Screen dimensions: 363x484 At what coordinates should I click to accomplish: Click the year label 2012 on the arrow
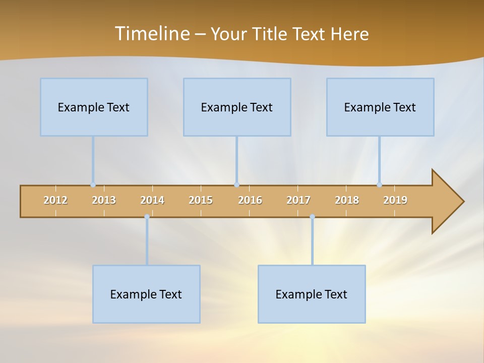(55, 200)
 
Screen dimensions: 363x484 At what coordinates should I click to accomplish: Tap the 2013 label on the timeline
(104, 200)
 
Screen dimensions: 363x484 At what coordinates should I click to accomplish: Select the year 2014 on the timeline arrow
(152, 200)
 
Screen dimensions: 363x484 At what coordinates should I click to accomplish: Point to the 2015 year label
(201, 200)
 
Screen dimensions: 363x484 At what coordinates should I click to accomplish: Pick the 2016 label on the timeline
(250, 200)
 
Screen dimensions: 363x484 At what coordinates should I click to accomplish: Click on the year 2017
(298, 200)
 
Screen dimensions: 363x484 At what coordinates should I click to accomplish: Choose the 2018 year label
(347, 200)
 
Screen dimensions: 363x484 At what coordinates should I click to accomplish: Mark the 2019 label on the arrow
(395, 200)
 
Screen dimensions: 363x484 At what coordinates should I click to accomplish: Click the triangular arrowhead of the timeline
(447, 202)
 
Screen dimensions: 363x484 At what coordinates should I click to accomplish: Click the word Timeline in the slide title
(152, 34)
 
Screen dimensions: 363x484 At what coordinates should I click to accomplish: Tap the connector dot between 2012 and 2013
(93, 185)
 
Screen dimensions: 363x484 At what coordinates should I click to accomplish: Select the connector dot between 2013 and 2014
(147, 217)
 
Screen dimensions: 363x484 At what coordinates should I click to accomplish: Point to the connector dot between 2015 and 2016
(236, 185)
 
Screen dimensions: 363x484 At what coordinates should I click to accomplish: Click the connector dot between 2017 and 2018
(312, 217)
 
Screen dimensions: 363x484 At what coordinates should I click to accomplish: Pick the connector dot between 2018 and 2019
(379, 185)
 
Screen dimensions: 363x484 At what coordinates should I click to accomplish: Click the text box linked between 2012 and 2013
(94, 107)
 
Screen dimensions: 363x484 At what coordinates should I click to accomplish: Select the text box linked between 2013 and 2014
(146, 294)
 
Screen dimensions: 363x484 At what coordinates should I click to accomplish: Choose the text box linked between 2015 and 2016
(237, 107)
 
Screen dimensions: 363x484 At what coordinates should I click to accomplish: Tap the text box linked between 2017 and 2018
(312, 294)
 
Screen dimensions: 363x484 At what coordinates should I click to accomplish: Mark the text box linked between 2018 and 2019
(380, 107)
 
